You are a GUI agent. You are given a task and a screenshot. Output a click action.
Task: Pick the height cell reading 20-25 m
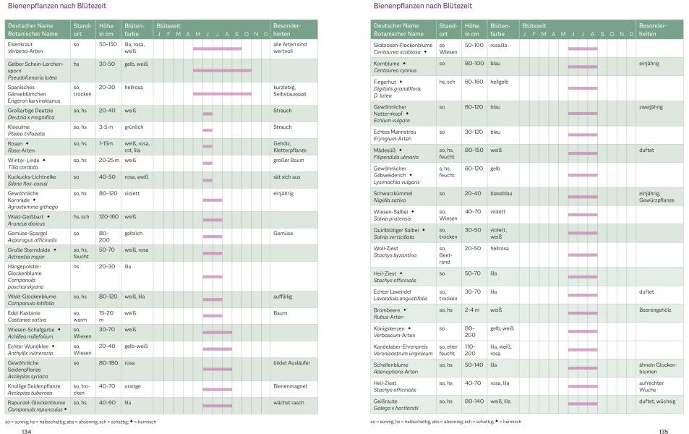tap(110, 160)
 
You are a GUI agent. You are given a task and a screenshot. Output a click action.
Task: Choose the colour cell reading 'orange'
tap(133, 386)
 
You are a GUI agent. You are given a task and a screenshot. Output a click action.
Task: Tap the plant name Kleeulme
tap(20, 127)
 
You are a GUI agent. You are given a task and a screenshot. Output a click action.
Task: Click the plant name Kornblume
tap(387, 64)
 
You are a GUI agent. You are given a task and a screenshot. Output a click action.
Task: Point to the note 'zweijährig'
tap(651, 107)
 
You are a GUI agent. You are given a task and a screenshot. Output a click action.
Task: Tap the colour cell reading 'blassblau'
tap(502, 194)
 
